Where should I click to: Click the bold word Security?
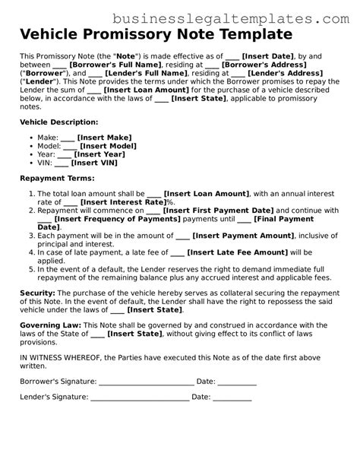pos(36,293)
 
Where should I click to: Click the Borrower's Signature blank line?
pos(146,380)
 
